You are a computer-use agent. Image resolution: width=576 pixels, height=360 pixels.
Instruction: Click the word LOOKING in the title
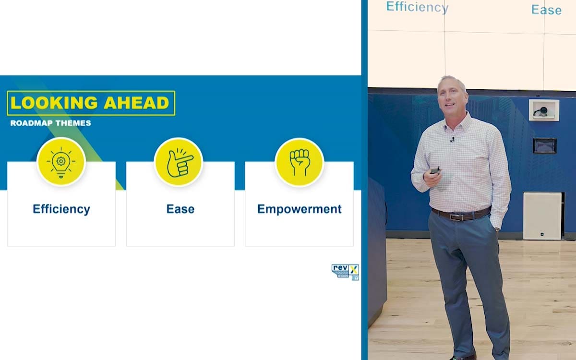click(x=54, y=103)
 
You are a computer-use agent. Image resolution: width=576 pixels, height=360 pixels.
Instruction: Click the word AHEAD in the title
click(x=136, y=103)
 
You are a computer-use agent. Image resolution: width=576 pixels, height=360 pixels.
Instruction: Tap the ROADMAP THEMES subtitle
click(x=51, y=123)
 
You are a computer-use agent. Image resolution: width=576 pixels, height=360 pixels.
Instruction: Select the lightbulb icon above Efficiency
click(x=61, y=162)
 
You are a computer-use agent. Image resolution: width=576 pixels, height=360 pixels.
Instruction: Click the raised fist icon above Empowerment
click(x=300, y=162)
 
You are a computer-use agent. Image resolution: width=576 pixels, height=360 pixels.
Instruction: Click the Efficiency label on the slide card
click(x=61, y=209)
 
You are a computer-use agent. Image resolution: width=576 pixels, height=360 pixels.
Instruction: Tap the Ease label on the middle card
click(x=180, y=209)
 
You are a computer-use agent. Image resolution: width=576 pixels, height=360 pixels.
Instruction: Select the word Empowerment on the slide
click(x=300, y=209)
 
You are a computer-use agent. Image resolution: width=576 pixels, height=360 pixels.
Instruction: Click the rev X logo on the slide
click(x=345, y=272)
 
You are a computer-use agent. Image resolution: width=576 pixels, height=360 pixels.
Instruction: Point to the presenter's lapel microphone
click(x=453, y=140)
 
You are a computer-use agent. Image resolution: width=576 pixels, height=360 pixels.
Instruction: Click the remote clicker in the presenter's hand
click(x=435, y=170)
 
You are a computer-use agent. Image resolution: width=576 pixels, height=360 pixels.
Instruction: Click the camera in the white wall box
click(x=542, y=111)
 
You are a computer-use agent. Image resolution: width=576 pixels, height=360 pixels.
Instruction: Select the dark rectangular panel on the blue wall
click(x=545, y=146)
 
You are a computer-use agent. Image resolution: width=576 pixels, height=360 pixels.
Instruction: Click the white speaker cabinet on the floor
click(x=542, y=216)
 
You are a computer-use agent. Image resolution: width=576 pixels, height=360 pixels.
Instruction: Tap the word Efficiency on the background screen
click(x=417, y=7)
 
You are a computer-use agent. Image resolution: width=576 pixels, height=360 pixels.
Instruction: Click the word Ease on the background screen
click(x=546, y=10)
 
